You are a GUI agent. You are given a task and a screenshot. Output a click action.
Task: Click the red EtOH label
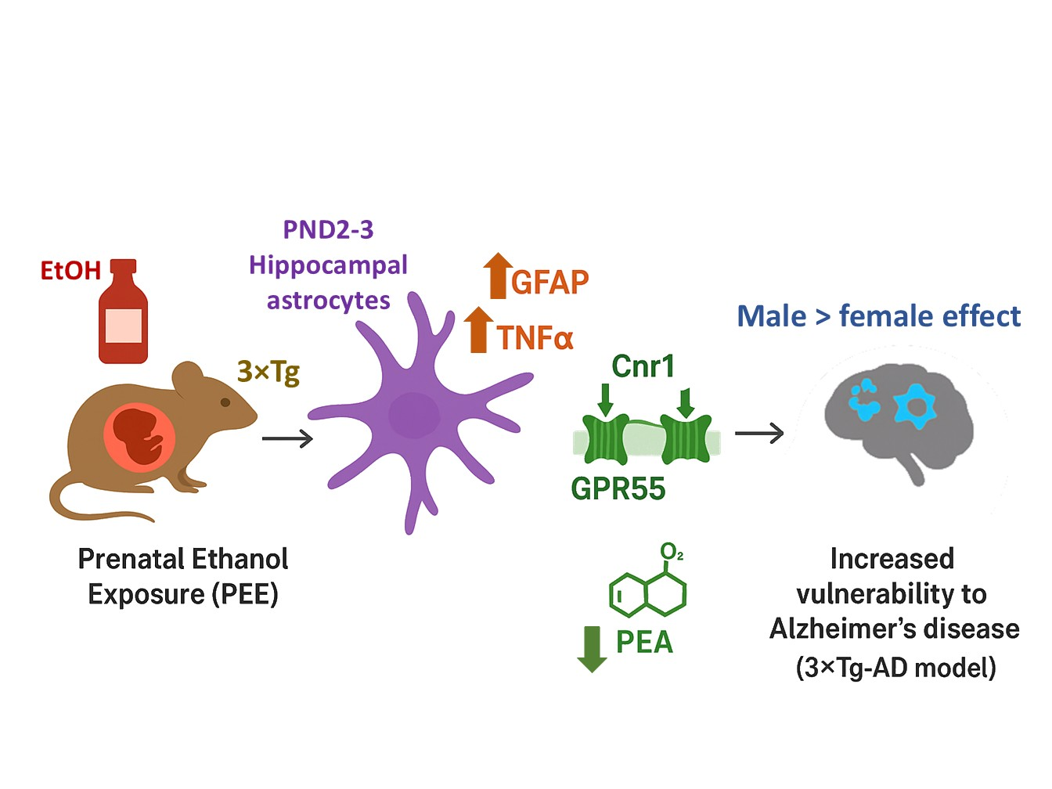tap(70, 271)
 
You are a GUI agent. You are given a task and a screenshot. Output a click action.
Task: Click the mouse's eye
tap(225, 402)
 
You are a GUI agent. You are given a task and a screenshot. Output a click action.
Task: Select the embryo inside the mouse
tap(139, 435)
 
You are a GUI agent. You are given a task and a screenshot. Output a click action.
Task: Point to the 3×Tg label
tap(268, 371)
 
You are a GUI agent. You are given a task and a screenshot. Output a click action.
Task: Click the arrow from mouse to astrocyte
tap(287, 438)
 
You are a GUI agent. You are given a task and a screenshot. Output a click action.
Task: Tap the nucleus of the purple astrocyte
tap(414, 415)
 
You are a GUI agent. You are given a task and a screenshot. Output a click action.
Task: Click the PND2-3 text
tap(328, 230)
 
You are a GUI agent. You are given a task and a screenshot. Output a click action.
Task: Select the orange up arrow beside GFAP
tap(497, 276)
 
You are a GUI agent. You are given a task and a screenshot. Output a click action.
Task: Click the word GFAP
tap(550, 283)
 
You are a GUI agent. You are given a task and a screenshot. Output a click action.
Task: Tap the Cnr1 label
tap(643, 366)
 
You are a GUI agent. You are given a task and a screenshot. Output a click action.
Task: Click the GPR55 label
tap(618, 488)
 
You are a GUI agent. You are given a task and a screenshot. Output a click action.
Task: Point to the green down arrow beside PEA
tap(592, 649)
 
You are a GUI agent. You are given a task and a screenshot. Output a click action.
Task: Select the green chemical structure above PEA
tap(648, 589)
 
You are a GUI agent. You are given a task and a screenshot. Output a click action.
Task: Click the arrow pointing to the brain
tap(759, 433)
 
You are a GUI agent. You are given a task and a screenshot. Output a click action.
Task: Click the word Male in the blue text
tap(771, 316)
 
